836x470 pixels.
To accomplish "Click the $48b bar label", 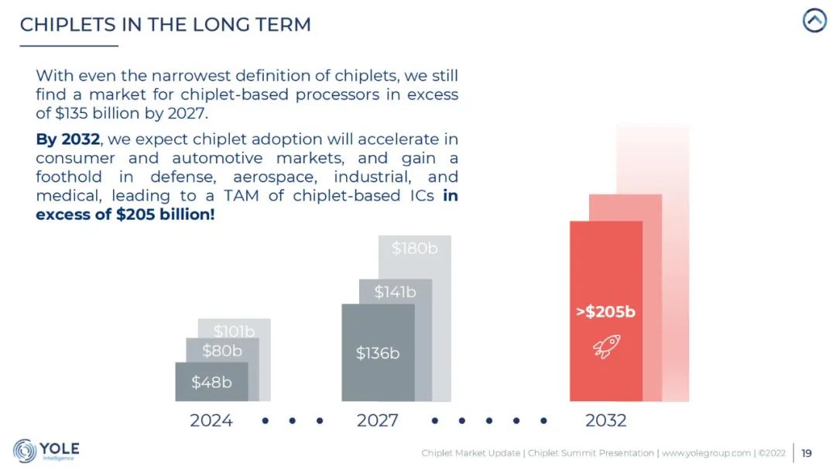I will [x=211, y=382].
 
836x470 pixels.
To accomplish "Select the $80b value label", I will [x=222, y=351].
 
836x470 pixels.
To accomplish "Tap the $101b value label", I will [x=234, y=331].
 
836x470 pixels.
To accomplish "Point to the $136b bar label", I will [x=378, y=353].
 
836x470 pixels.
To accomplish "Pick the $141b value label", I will [x=395, y=292].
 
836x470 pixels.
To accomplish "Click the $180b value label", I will [x=414, y=249].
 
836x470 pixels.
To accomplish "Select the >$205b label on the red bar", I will [x=605, y=312].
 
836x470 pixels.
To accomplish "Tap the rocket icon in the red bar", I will [x=606, y=346].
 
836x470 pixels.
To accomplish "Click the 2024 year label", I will [x=211, y=420].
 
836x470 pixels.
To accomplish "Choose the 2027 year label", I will [x=378, y=420].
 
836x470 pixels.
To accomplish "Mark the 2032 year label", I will [x=605, y=420].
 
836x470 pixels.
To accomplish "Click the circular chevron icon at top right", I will [x=814, y=21].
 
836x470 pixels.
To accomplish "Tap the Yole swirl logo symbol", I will [x=25, y=451].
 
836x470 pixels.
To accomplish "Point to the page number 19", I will [x=807, y=453].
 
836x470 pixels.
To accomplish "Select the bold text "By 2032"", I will [x=68, y=139].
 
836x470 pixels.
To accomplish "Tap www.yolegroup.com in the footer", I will [x=706, y=453].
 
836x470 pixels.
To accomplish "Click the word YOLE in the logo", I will [x=60, y=448].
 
